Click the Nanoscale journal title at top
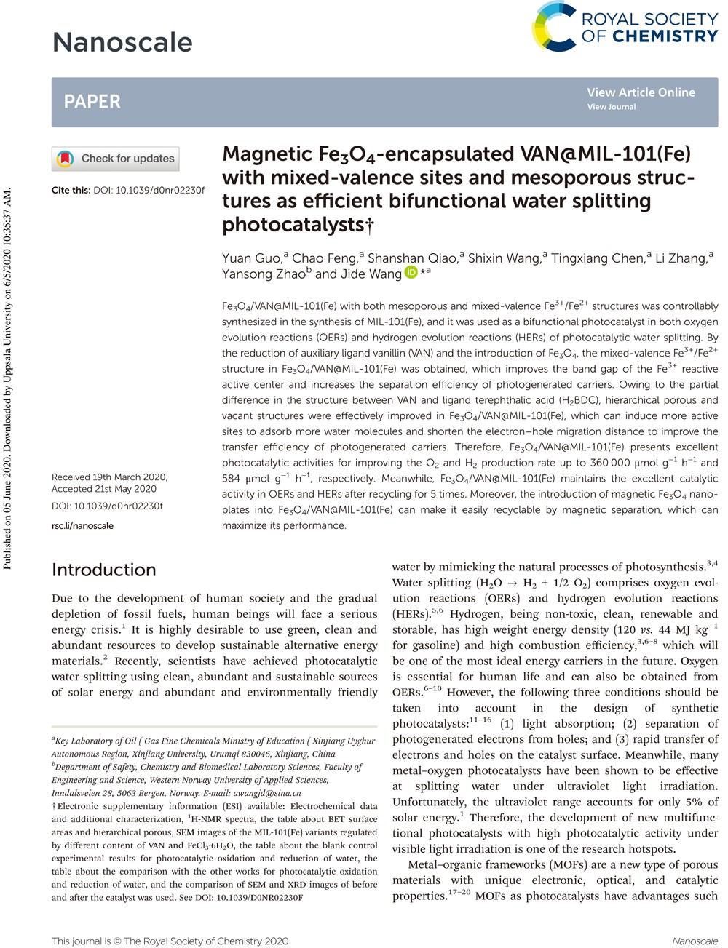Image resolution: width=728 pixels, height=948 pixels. [122, 42]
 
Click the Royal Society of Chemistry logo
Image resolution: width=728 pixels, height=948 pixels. [625, 27]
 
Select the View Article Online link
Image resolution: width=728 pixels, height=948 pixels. [641, 92]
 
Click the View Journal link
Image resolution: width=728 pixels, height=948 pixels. [612, 107]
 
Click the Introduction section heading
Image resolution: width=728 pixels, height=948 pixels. [104, 570]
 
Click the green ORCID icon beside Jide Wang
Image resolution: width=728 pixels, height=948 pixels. [411, 273]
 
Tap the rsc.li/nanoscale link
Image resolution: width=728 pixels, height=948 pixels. [82, 525]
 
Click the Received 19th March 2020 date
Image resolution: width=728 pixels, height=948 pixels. [109, 477]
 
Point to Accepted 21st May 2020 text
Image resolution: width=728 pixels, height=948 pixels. [104, 489]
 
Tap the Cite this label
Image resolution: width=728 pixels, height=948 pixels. [71, 190]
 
